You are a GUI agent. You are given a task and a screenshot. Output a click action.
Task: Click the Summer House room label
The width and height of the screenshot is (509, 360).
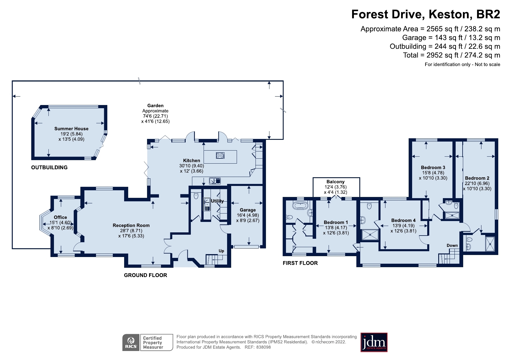(x=71, y=129)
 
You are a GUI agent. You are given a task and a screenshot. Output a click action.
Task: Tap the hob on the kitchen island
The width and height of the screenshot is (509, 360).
(x=220, y=156)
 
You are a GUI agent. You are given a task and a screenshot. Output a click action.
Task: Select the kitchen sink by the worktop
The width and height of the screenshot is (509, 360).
(x=215, y=181)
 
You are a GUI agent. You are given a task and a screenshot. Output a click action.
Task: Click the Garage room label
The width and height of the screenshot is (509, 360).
(x=248, y=210)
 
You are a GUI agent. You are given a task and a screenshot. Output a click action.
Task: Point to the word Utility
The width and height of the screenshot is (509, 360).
(x=217, y=201)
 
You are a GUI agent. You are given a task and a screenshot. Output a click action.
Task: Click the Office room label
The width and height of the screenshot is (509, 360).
(x=60, y=217)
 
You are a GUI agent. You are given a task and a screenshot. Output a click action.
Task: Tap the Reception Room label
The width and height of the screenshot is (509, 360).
(x=131, y=225)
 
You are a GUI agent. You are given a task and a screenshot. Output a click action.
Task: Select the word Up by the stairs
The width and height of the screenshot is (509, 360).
(x=221, y=251)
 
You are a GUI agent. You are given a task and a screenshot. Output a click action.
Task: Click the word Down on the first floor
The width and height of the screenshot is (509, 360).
(x=452, y=245)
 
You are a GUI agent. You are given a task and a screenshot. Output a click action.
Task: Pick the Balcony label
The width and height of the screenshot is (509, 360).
(x=336, y=182)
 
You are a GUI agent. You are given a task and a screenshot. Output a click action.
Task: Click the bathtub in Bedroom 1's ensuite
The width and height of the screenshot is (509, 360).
(x=301, y=206)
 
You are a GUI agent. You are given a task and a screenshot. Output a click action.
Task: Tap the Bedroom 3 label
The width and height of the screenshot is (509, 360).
(x=433, y=167)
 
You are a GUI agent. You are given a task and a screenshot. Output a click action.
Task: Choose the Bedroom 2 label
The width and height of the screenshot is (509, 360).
(x=477, y=178)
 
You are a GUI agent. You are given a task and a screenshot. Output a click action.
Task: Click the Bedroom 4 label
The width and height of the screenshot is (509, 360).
(x=403, y=220)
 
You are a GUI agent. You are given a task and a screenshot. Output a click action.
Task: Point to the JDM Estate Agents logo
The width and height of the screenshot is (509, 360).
(x=374, y=342)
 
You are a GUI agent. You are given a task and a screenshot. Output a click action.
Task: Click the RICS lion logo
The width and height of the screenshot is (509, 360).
(x=131, y=343)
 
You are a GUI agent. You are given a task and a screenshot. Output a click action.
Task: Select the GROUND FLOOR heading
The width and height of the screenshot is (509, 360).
(x=145, y=275)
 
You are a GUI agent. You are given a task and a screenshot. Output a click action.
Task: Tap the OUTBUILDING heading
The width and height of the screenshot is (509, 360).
(x=49, y=167)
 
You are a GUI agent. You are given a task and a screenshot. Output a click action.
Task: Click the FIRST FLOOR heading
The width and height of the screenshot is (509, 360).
(x=300, y=263)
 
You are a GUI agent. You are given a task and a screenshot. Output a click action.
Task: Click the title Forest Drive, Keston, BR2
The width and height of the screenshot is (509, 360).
(x=426, y=14)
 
